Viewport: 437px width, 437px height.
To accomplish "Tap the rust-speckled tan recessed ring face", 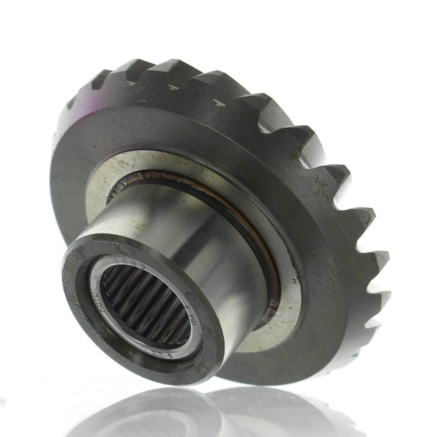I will pos(102,181).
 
